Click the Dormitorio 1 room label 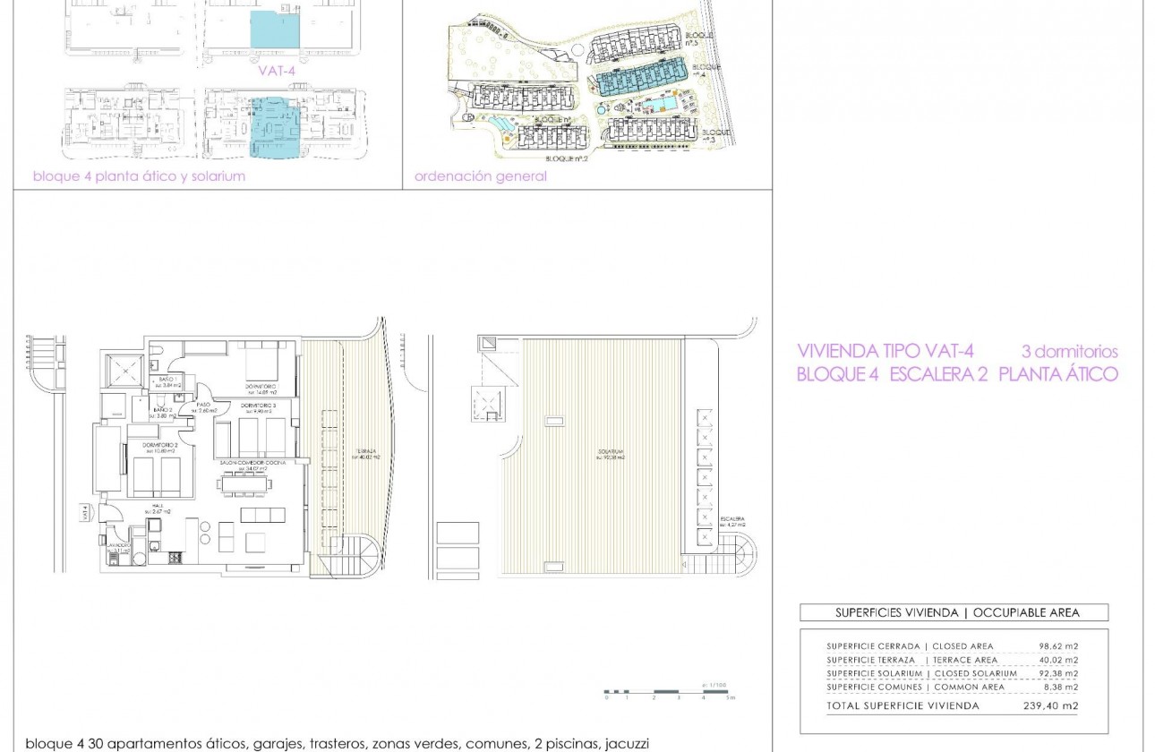pyautogui.click(x=261, y=387)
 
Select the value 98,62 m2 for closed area pyautogui.click(x=1057, y=646)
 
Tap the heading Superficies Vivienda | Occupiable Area pyautogui.click(x=954, y=613)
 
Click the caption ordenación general pyautogui.click(x=480, y=176)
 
